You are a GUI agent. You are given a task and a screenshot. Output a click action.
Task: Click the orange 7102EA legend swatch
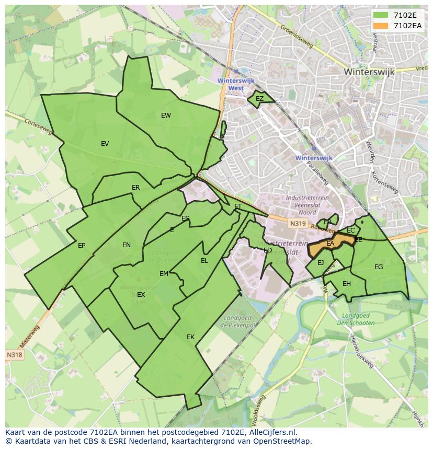[381, 25]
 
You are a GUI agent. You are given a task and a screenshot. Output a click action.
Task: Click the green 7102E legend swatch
[381, 15]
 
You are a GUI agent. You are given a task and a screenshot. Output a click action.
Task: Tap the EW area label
[166, 116]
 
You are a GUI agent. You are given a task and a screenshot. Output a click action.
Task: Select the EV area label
[105, 144]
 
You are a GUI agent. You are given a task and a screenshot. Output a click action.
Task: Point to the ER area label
[136, 188]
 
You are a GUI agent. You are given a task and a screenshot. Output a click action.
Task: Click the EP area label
[82, 246]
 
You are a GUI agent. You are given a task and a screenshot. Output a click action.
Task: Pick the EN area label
[127, 245]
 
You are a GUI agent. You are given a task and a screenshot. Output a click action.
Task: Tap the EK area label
[190, 337]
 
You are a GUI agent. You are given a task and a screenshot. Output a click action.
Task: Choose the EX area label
[141, 295]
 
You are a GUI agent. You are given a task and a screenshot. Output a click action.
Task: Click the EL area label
[204, 261]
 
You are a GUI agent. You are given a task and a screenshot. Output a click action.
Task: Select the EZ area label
[259, 99]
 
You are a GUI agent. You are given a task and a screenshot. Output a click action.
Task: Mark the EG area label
[379, 267]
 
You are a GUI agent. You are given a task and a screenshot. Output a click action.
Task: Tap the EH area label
[346, 284]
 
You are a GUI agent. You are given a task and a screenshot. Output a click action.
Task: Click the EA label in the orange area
[330, 244]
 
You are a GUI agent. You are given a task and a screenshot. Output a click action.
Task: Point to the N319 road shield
[298, 224]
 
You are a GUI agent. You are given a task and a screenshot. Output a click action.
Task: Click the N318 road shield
[14, 355]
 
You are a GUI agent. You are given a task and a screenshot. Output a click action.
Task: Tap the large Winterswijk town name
[369, 72]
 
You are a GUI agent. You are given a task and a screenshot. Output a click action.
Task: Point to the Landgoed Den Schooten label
[358, 319]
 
